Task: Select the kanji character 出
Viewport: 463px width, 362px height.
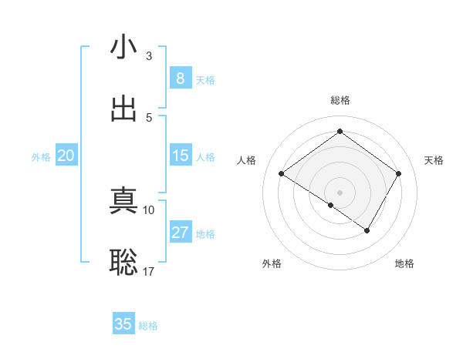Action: pos(123,109)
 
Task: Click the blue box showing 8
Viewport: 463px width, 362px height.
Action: pos(180,79)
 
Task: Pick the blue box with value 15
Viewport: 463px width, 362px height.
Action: pos(180,156)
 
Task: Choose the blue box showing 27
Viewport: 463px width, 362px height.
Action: pos(180,233)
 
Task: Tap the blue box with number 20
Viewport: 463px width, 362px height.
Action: pos(66,156)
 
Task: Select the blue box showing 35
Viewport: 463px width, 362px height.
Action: pos(123,324)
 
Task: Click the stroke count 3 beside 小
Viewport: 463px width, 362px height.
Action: pos(149,56)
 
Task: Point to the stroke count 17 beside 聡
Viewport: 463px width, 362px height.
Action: pos(149,271)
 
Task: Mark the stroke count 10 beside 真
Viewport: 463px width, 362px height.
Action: pos(149,209)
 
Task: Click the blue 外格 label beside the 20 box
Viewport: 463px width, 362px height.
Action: pos(41,157)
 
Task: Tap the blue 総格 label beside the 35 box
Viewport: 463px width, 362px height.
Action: pos(148,326)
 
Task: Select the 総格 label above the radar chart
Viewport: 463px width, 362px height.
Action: pos(340,100)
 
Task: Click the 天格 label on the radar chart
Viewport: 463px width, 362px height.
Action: pos(434,160)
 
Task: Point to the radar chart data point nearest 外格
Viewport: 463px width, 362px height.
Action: pos(331,205)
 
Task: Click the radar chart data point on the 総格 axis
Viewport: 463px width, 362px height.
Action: pos(340,132)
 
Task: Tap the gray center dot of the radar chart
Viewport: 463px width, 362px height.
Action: pos(340,192)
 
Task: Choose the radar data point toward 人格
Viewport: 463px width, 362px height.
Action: pos(282,174)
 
